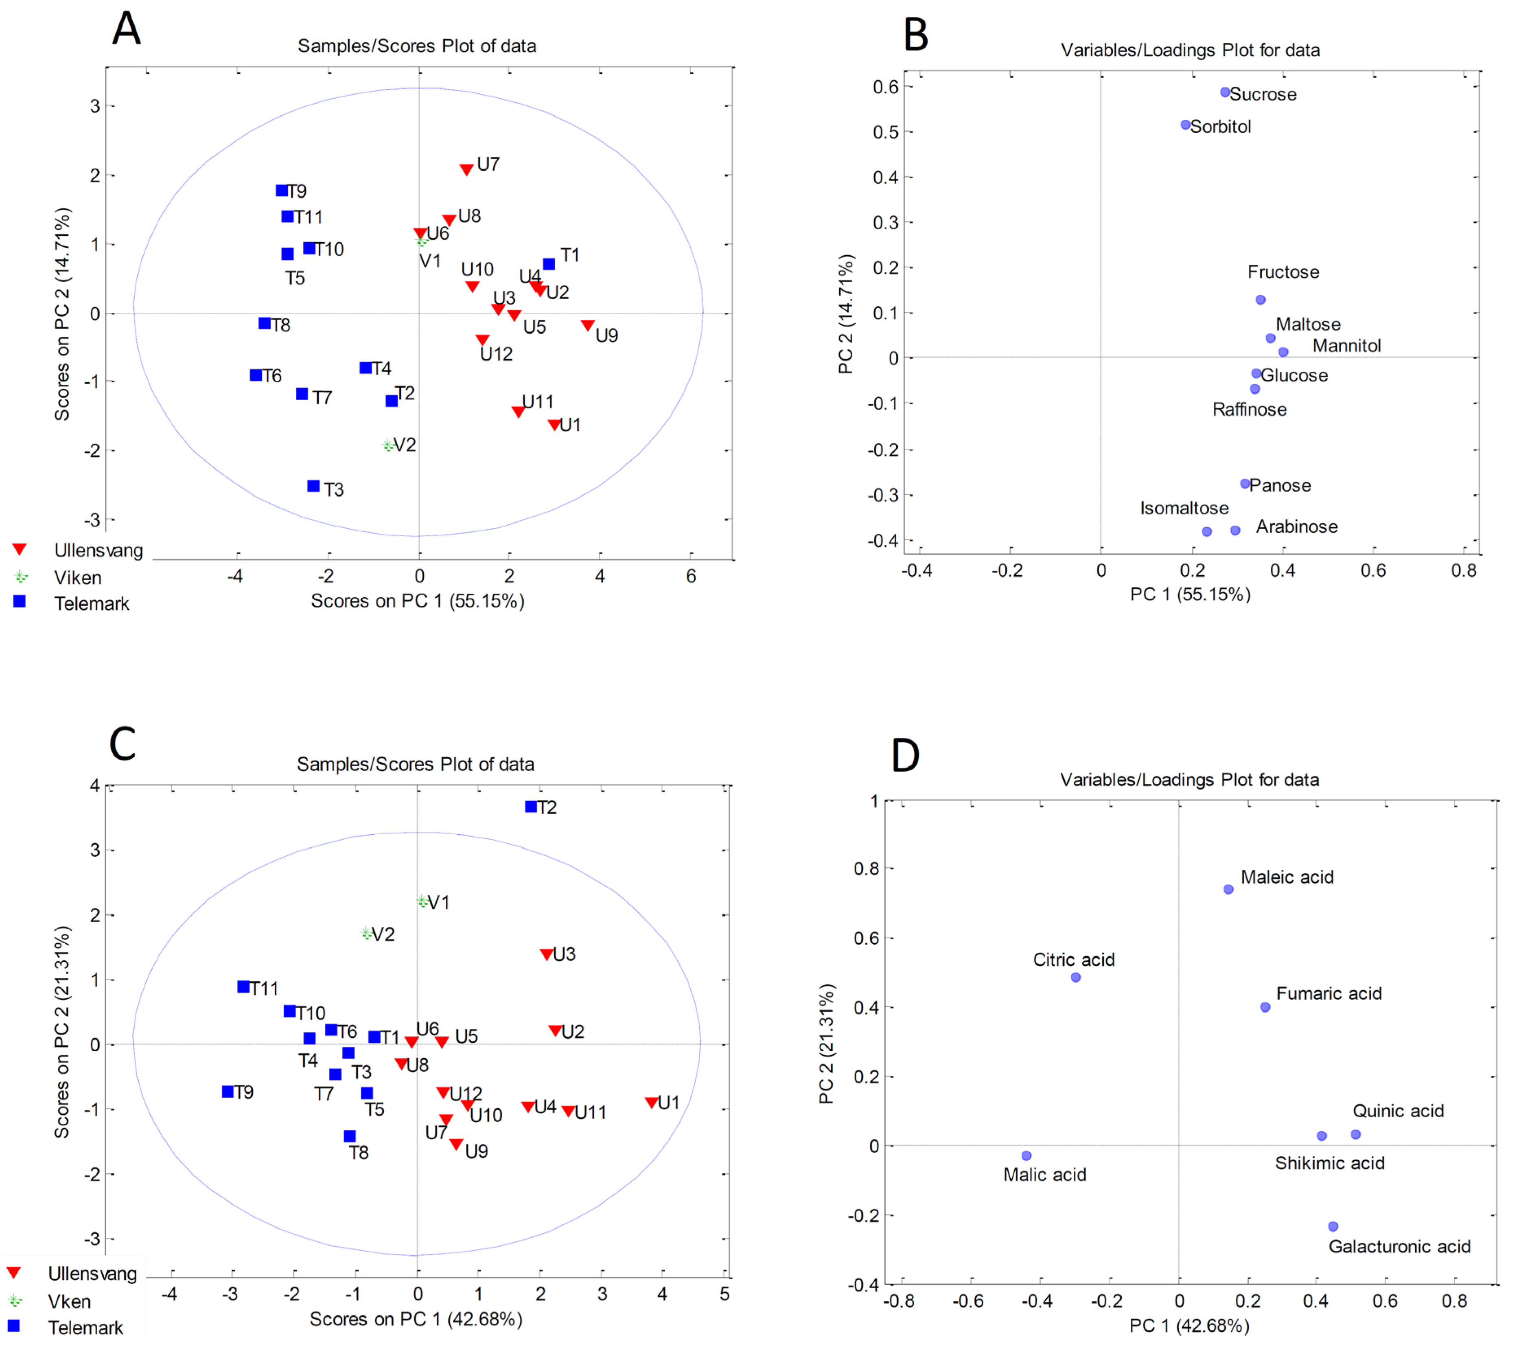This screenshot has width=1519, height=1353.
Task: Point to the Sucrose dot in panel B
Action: (x=1226, y=92)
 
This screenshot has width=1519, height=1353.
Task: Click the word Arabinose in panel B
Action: (x=1297, y=526)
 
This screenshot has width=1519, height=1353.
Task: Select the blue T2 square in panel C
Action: (x=531, y=807)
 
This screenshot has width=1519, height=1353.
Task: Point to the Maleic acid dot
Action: (x=1228, y=889)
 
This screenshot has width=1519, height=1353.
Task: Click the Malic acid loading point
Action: (x=1026, y=1155)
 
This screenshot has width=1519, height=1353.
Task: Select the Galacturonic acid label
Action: (x=1399, y=1246)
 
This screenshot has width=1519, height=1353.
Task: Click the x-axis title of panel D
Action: (x=1189, y=1325)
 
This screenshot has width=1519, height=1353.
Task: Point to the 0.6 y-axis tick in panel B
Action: (x=885, y=87)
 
